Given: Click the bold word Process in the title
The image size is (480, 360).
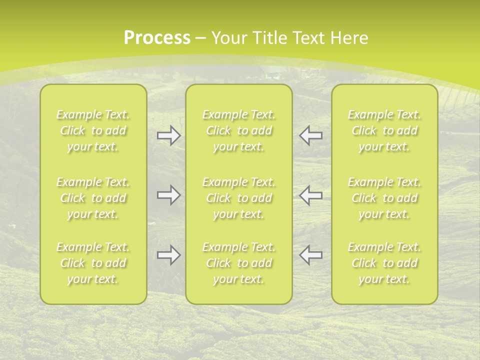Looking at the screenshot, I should pyautogui.click(x=157, y=38).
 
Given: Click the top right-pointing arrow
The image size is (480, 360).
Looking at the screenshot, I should pyautogui.click(x=168, y=136).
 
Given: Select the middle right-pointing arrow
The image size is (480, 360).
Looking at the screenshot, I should pyautogui.click(x=168, y=195).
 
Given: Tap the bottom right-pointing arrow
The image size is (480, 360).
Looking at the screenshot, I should pyautogui.click(x=168, y=255).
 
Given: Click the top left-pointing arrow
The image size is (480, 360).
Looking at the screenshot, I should pyautogui.click(x=310, y=136).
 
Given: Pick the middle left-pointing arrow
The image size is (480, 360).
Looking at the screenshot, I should pyautogui.click(x=310, y=195).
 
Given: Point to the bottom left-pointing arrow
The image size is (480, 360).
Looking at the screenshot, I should pyautogui.click(x=310, y=255).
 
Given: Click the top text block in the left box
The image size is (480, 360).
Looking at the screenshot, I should pyautogui.click(x=93, y=130).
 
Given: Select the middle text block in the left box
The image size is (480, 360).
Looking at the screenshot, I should pyautogui.click(x=93, y=198).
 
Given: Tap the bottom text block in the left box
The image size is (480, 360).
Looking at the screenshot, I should pyautogui.click(x=93, y=263).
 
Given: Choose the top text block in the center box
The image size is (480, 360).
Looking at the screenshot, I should pyautogui.click(x=238, y=130).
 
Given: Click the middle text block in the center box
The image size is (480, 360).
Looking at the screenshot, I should pyautogui.click(x=238, y=198).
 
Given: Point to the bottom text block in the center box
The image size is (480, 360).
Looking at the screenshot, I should pyautogui.click(x=238, y=263).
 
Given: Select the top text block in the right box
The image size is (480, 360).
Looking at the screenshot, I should pyautogui.click(x=384, y=130).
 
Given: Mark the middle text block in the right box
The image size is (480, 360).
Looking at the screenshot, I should pyautogui.click(x=384, y=198).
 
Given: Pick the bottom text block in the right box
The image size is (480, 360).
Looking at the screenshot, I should pyautogui.click(x=384, y=263).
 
